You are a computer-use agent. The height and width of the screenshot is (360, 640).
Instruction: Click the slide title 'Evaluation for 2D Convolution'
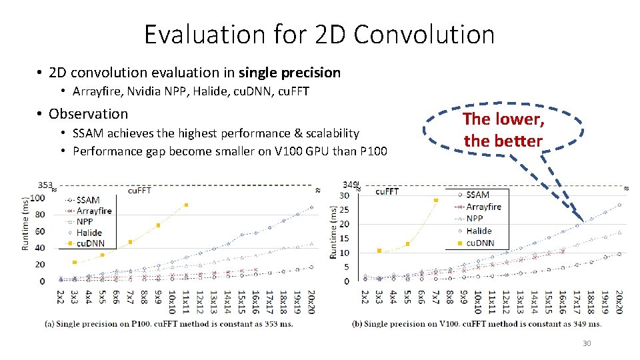click(319, 35)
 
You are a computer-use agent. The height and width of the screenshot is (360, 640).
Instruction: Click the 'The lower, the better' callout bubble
click(503, 129)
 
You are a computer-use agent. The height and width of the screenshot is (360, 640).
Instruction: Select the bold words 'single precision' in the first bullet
click(289, 72)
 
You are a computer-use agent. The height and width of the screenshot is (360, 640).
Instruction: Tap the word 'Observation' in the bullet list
click(88, 113)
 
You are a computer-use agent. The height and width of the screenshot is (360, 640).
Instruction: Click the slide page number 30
click(587, 343)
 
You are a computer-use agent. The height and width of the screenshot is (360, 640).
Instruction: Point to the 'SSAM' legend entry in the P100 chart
click(88, 200)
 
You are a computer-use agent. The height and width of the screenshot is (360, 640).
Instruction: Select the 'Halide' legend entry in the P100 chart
click(89, 233)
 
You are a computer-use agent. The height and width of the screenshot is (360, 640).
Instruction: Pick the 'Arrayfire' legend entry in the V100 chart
click(483, 207)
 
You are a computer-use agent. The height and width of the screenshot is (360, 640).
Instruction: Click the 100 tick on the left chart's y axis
click(37, 198)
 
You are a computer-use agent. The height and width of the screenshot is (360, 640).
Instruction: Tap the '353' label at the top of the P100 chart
click(45, 185)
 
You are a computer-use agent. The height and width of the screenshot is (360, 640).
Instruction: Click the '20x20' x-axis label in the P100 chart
click(311, 301)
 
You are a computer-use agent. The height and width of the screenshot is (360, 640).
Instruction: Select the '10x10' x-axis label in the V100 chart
click(478, 301)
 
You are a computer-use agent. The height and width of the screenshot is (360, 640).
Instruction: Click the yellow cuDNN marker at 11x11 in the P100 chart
click(186, 205)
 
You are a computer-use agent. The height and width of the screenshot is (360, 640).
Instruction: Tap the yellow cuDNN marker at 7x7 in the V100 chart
click(436, 200)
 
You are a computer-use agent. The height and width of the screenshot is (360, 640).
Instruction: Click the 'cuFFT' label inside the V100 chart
click(387, 191)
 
